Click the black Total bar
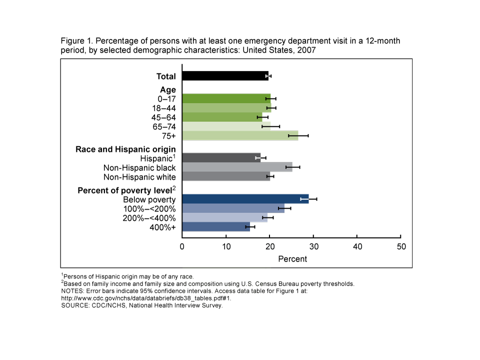(x=225, y=76)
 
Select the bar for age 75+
(x=240, y=135)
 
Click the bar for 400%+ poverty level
(x=215, y=227)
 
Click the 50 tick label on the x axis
(x=401, y=246)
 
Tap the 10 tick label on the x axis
(x=226, y=246)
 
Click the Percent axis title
(x=292, y=259)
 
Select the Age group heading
(x=168, y=89)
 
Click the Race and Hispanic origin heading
(x=125, y=149)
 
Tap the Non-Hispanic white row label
(x=139, y=177)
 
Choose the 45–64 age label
(x=164, y=117)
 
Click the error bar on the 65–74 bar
(x=270, y=126)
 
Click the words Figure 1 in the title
(x=76, y=40)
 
